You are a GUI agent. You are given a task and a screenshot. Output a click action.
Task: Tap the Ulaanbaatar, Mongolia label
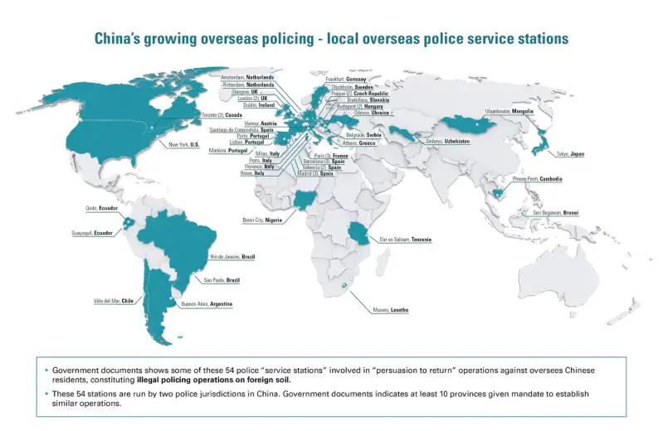click(x=509, y=111)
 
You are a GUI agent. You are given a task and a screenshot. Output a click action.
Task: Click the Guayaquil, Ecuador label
click(x=91, y=234)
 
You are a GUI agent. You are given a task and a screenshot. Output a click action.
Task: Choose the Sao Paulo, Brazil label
click(x=222, y=280)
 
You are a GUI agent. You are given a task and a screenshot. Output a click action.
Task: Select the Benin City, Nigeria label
click(x=262, y=220)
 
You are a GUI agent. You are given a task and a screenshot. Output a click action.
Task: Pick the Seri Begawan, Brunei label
click(x=556, y=213)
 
